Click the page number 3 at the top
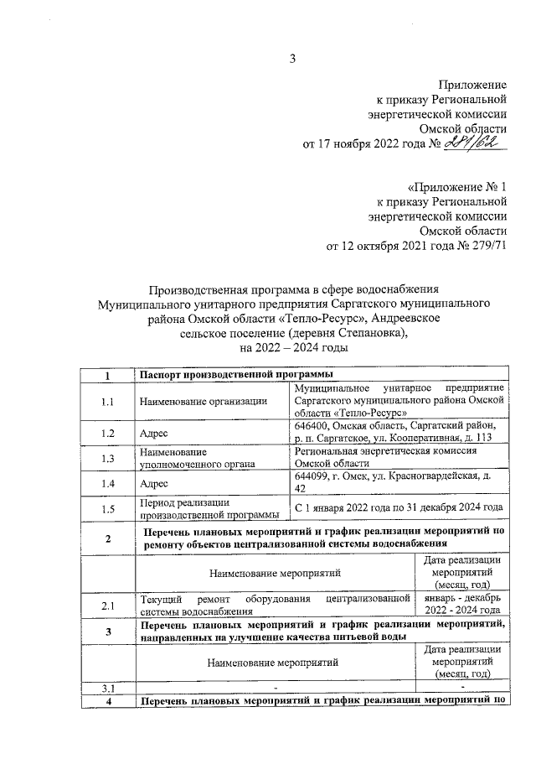point(293,59)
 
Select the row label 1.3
point(106,458)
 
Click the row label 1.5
point(106,508)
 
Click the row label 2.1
point(106,605)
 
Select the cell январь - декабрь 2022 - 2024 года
point(461,605)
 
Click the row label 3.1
point(106,689)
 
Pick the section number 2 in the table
point(106,538)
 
